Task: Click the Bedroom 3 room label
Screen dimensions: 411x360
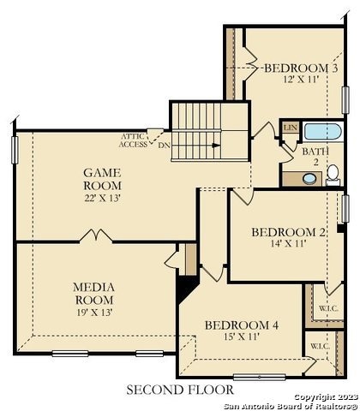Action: [300, 68]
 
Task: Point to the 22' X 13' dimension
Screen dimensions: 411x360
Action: [102, 198]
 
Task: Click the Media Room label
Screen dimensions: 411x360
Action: [94, 293]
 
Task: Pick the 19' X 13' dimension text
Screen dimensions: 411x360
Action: [94, 312]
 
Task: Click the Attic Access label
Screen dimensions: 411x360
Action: [133, 140]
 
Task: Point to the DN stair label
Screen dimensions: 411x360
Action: [164, 145]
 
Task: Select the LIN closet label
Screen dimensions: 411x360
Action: [290, 128]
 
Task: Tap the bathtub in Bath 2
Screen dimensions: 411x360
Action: [323, 133]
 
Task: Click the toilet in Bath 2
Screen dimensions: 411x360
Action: [332, 176]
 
